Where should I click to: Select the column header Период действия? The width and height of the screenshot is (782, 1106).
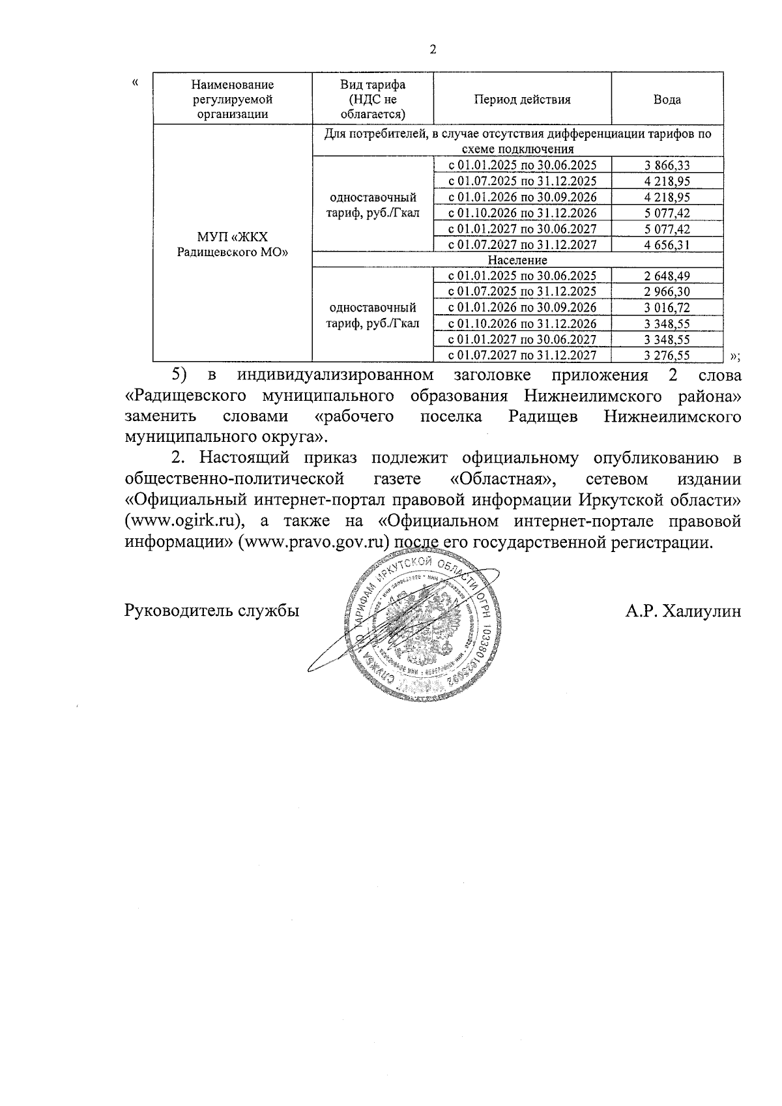(522, 100)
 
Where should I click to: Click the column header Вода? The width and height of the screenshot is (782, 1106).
(667, 100)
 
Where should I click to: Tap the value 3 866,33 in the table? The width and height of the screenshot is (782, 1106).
(667, 166)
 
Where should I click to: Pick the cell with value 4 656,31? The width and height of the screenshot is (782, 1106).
(667, 245)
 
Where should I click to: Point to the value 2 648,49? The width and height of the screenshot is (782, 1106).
(667, 276)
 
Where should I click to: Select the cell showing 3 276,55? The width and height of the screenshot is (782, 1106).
(667, 356)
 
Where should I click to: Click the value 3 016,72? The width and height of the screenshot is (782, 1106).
(667, 308)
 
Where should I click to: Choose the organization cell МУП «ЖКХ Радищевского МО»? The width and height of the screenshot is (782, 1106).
(233, 244)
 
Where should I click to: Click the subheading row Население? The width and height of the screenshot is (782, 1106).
(517, 261)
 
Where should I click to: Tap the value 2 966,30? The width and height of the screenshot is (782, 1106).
(667, 292)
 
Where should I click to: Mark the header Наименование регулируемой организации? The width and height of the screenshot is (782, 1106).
(233, 100)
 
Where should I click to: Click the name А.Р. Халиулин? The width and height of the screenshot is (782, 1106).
(682, 611)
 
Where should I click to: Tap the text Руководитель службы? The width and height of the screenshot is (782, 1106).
(212, 611)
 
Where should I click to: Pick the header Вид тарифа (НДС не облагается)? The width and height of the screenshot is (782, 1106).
(373, 100)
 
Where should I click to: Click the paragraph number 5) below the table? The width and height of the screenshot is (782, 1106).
(179, 375)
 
